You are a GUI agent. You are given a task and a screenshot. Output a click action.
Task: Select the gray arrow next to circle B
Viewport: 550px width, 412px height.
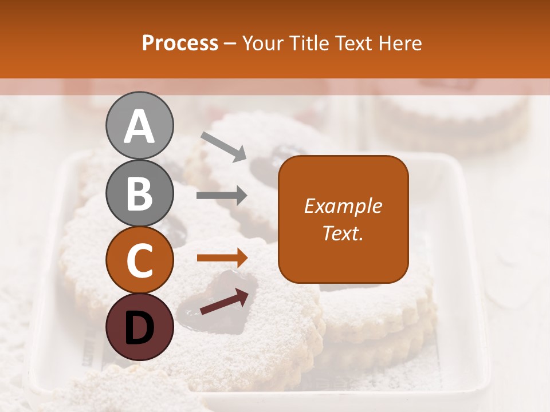click(x=222, y=196)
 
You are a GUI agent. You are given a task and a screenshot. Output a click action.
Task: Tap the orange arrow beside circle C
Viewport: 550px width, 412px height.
click(x=222, y=258)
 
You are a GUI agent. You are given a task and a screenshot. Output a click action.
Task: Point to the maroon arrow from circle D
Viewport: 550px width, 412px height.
click(x=224, y=302)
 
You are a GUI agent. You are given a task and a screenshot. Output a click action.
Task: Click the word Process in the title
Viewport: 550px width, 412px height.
click(x=180, y=43)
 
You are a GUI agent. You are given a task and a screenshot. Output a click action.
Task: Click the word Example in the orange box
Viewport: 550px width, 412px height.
click(x=343, y=206)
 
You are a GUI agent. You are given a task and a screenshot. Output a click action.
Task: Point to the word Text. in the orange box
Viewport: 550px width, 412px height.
click(x=343, y=233)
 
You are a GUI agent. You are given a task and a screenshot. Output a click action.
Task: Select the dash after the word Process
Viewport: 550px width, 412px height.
click(x=230, y=43)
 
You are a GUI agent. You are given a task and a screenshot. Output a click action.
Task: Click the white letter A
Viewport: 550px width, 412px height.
click(x=139, y=126)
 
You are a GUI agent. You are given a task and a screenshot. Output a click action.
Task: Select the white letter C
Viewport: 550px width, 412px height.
click(x=139, y=261)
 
